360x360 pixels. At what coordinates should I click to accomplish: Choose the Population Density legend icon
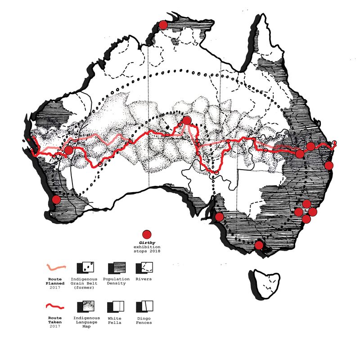pos(115,268)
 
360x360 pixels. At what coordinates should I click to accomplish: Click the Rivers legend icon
pos(144,268)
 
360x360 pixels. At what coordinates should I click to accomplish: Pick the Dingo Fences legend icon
pos(144,307)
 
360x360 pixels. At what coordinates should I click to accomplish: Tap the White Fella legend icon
pos(115,307)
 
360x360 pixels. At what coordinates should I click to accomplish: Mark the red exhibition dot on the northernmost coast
pos(162,25)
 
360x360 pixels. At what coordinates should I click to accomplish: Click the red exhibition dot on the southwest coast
pos(56,199)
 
